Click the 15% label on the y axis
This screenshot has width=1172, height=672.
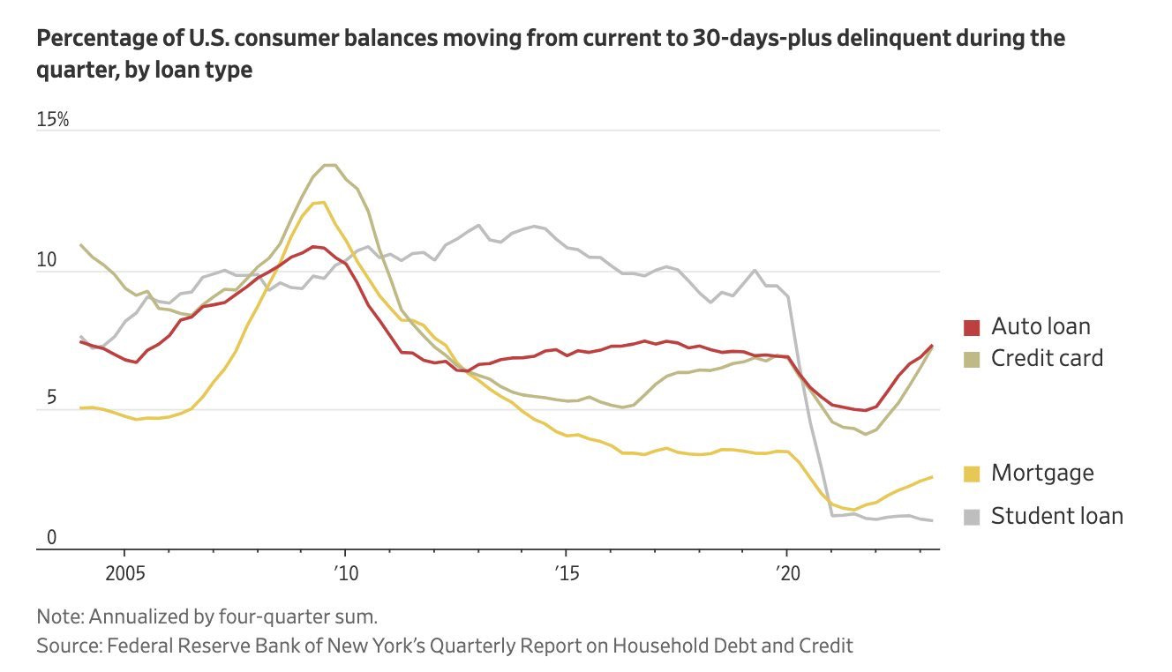coord(53,120)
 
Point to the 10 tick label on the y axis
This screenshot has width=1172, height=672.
coord(47,260)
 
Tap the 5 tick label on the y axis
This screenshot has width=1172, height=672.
coord(51,398)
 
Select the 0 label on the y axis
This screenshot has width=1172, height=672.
coord(51,537)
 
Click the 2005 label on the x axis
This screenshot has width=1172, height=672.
coord(125,574)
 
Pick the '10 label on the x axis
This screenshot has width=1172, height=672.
coord(346,574)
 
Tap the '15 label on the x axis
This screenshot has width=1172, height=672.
coord(567,574)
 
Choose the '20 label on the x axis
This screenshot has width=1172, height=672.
coord(787,574)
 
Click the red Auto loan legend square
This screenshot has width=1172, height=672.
coord(972,328)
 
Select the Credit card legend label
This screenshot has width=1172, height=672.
coord(1047,359)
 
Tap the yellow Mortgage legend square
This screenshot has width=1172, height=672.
coord(972,474)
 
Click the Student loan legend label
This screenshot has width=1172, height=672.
coord(1057,516)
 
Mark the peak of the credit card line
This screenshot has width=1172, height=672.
coord(330,165)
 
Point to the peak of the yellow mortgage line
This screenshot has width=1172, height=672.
coord(319,203)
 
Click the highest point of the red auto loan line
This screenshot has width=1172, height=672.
coord(314,246)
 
